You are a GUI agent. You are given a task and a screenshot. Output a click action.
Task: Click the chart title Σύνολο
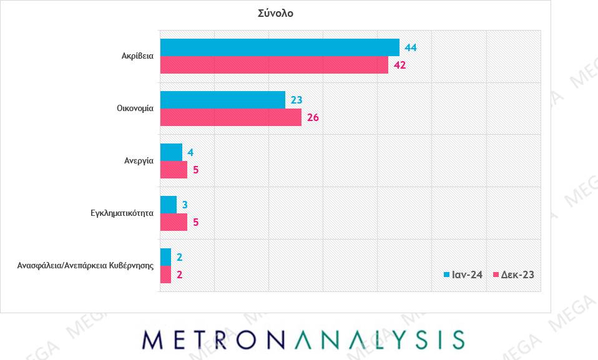click(275, 13)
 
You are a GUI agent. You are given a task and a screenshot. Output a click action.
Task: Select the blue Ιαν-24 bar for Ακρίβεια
click(280, 47)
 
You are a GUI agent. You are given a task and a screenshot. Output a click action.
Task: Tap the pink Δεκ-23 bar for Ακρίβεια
click(274, 65)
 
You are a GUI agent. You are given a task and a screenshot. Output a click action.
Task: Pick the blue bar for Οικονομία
click(223, 100)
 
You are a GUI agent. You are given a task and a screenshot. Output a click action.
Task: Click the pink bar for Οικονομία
click(231, 117)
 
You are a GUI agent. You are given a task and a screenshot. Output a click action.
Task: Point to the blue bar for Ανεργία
click(172, 152)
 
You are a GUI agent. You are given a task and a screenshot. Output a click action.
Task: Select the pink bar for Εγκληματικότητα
click(174, 222)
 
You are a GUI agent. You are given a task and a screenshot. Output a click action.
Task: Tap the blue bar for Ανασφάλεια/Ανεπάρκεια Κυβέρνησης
click(166, 257)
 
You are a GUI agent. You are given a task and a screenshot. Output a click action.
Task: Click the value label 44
click(411, 47)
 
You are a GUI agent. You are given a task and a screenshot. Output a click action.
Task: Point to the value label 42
click(399, 65)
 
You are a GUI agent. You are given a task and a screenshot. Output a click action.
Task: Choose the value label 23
click(297, 100)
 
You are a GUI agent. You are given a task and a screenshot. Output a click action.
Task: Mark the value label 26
click(313, 117)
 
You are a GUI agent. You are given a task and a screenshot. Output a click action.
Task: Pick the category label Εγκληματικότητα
click(122, 212)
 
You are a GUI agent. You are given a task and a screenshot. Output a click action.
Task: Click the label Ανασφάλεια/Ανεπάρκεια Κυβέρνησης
click(86, 265)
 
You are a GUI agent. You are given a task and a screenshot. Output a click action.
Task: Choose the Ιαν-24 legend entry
click(463, 275)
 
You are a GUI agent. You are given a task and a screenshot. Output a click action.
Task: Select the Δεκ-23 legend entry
click(513, 275)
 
